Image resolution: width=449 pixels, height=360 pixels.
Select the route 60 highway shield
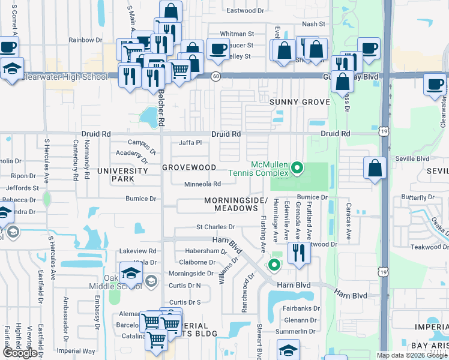click(215, 76)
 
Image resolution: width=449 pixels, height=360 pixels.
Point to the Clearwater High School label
click(64, 77)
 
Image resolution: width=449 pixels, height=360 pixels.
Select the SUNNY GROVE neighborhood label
click(300, 102)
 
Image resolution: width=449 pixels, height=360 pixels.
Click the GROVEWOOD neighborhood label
click(189, 167)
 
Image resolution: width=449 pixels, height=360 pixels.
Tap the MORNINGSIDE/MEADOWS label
click(235, 203)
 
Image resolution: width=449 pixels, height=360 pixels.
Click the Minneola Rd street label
click(202, 184)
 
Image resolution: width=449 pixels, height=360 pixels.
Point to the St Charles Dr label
click(215, 227)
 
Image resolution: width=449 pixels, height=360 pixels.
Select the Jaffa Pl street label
click(190, 143)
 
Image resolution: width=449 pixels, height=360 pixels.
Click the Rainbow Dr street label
click(85, 40)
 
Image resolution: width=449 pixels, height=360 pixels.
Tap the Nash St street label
click(313, 24)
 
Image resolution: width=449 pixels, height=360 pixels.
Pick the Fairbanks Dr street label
click(301, 308)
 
